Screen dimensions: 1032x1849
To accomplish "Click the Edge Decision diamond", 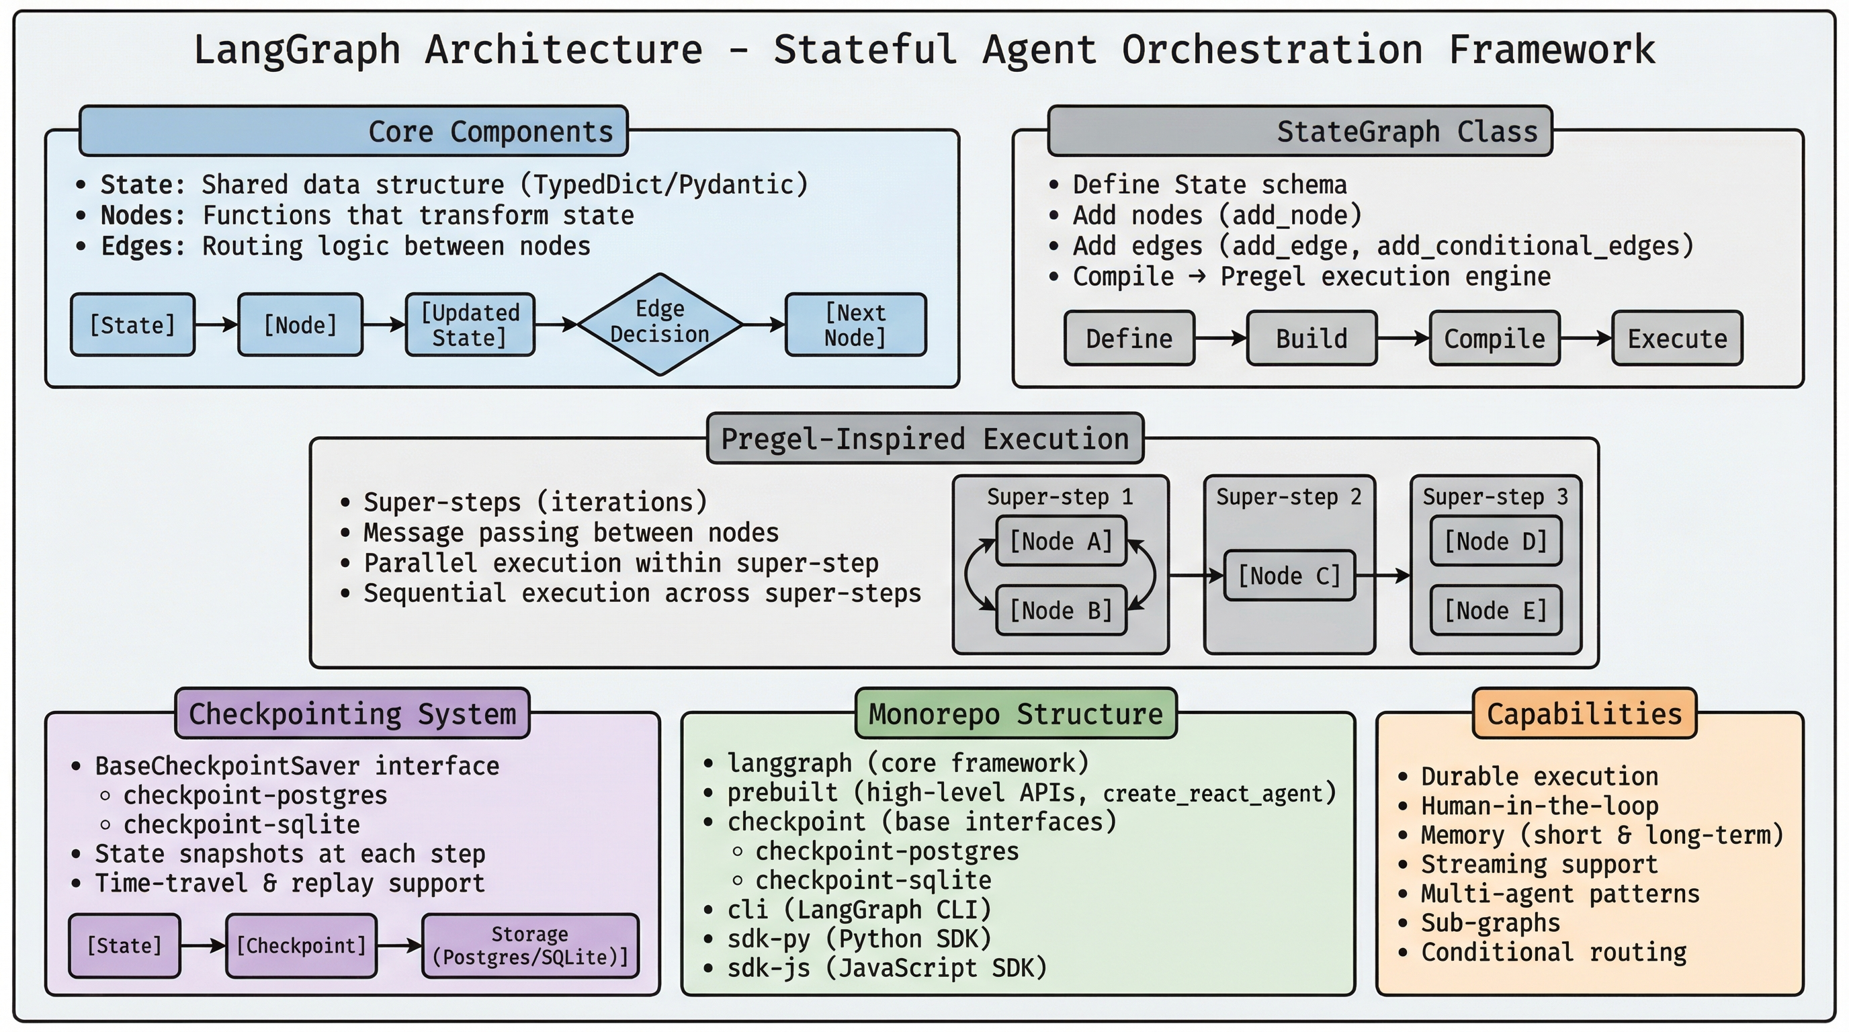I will pos(659,324).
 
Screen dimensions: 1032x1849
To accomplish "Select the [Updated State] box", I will pos(470,325).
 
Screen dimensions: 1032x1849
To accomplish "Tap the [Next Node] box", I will pos(855,325).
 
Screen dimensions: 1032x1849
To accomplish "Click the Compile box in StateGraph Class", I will pos(1494,339).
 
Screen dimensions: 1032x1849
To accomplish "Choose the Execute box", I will pos(1677,339).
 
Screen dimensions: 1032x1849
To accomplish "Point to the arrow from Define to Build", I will pos(1220,338).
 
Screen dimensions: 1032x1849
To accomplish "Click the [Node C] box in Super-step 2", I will pos(1289,576).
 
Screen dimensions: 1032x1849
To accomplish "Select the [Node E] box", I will pos(1496,611).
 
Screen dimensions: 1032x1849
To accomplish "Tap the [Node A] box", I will pos(1061,541).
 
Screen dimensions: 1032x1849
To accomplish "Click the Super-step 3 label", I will pos(1495,497).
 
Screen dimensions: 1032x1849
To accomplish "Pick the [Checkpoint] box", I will pos(301,946).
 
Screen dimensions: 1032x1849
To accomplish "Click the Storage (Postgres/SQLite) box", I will pos(530,946).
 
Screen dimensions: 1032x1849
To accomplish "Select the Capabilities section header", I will pos(1584,714).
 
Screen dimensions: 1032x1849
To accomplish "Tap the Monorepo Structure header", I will pos(1016,714).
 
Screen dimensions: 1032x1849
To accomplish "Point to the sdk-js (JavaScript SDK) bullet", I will pos(886,968).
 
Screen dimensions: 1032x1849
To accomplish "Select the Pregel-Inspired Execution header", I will pos(924,439).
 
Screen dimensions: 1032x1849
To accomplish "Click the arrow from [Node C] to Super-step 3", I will pos(1383,576).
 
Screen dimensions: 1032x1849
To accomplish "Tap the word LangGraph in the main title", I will pos(296,50).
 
